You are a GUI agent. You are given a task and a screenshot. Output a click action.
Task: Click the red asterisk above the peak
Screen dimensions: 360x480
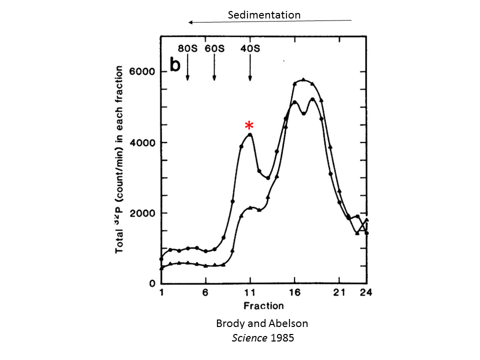pos(248,126)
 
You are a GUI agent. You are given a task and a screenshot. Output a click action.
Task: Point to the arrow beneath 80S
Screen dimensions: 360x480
pos(187,67)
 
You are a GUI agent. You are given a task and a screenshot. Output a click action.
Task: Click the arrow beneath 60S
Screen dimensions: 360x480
pos(214,67)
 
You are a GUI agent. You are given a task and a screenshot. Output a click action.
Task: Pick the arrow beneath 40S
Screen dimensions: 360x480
pos(250,67)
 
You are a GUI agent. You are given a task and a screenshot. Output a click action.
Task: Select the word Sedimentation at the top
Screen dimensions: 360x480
pos(264,14)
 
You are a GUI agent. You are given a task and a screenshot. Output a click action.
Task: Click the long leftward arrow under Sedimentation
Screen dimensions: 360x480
pos(270,21)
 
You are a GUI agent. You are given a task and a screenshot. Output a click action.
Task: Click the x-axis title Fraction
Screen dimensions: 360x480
pos(263,305)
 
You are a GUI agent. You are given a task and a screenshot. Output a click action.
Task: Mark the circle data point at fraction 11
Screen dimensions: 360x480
pos(250,134)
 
